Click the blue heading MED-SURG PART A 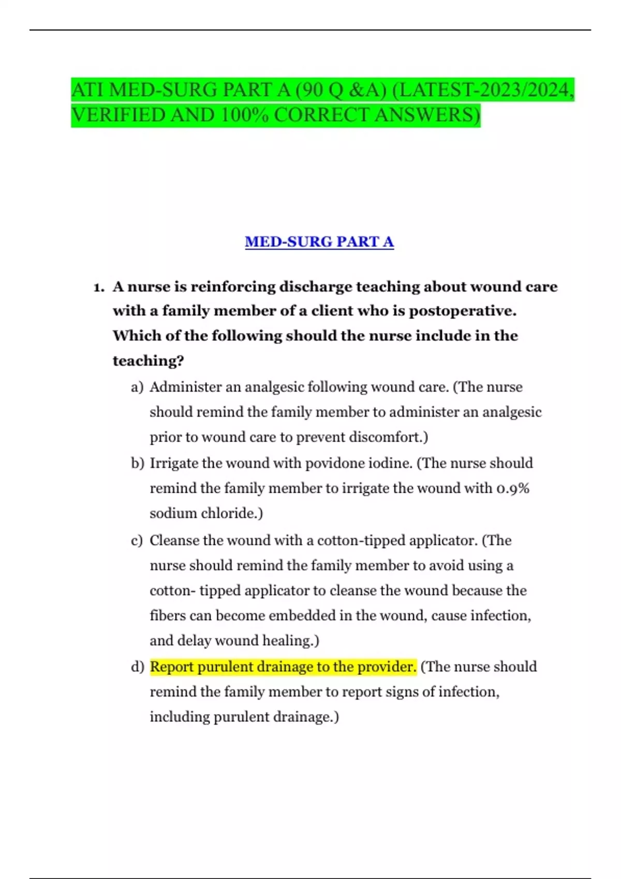tap(319, 241)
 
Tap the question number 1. tap(99, 287)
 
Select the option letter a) tap(137, 387)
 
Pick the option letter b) tap(137, 463)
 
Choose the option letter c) tap(137, 541)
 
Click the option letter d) tap(137, 667)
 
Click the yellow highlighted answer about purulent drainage tap(283, 666)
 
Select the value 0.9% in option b tap(512, 488)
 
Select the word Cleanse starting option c tap(174, 540)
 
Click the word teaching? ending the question tap(148, 360)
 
